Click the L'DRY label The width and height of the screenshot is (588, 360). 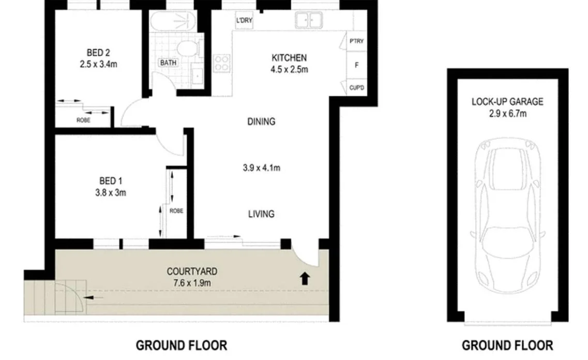pos(244,21)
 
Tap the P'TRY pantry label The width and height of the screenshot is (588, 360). pos(356,41)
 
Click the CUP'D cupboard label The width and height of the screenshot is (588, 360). pos(356,88)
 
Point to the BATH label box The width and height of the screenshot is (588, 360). pos(168,63)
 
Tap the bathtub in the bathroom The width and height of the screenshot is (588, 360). pos(173,23)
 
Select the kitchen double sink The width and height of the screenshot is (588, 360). pos(309,21)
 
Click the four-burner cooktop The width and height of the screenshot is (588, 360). pos(222,63)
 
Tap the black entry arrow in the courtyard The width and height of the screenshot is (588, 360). pos(305,279)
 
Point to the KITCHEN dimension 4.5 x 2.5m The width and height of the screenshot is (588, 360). pos(290,69)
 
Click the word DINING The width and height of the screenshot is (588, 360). pos(261,122)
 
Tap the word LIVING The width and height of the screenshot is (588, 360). pos(261,214)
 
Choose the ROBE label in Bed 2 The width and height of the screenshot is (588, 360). pos(83,120)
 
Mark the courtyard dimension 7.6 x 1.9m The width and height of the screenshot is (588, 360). pos(191,282)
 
